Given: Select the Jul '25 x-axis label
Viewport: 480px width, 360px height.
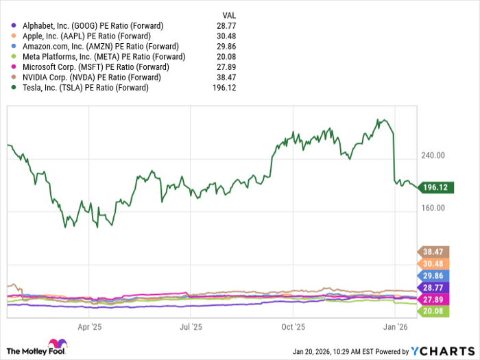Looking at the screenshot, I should (x=191, y=328).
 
